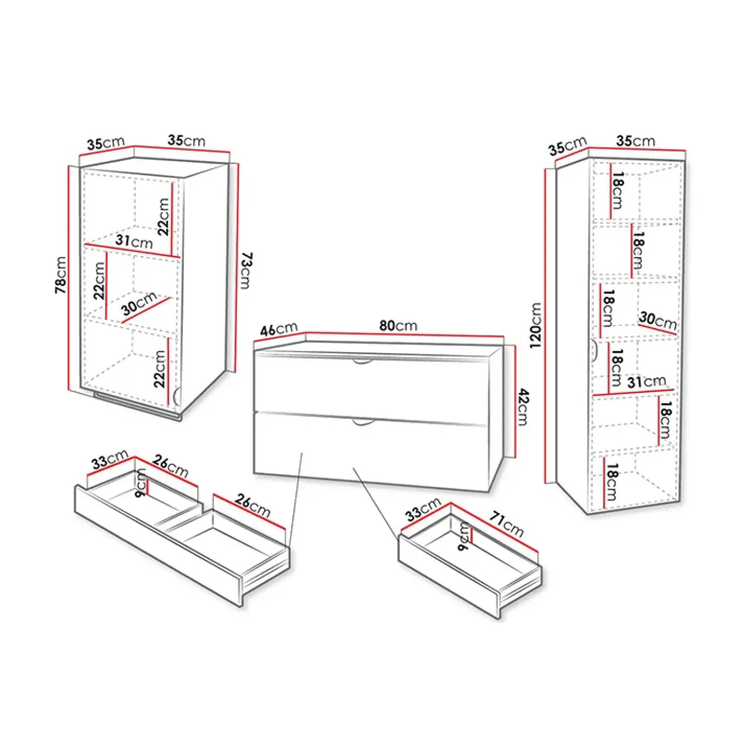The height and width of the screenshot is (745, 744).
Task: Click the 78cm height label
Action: tap(61, 275)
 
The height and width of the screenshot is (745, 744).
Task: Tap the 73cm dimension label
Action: tap(245, 271)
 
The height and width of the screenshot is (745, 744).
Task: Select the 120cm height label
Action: tap(535, 325)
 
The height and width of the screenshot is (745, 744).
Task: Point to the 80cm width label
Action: tap(398, 325)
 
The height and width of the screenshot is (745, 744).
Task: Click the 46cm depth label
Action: tap(278, 329)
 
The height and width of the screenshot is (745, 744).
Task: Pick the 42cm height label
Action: tap(523, 407)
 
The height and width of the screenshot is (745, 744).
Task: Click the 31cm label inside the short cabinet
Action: tap(134, 241)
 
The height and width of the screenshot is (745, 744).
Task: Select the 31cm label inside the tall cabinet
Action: tap(646, 382)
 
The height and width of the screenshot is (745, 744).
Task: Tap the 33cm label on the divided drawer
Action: tap(110, 460)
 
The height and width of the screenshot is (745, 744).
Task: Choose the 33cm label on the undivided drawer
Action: tap(423, 509)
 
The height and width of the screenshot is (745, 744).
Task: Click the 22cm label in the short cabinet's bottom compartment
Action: tap(160, 369)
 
